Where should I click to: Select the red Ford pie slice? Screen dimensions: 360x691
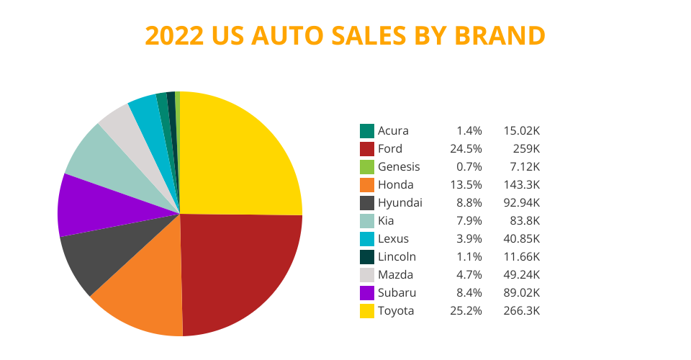pos(238,274)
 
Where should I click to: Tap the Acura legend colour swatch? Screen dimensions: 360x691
pos(367,131)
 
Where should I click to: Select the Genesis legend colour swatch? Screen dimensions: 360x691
pos(367,167)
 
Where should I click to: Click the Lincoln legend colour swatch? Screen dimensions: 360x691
pos(367,257)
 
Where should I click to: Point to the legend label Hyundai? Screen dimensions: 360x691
pos(399,203)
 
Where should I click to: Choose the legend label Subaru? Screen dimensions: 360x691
pos(397,293)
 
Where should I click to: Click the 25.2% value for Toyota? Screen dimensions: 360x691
pos(469,311)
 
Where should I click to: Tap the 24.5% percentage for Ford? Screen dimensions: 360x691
pos(469,149)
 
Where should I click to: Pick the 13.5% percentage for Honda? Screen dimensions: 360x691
pos(469,185)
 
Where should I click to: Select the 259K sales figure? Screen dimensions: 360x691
pos(525,149)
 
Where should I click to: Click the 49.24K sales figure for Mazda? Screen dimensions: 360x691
pos(522,275)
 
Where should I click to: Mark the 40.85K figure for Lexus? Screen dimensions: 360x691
pos(522,239)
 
